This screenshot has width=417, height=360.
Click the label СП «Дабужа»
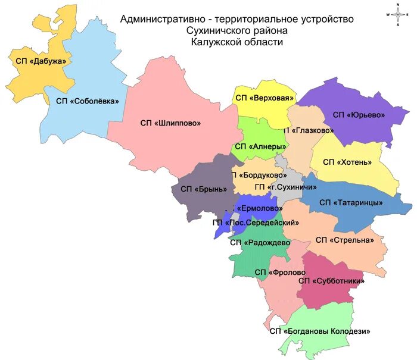click(x=38, y=61)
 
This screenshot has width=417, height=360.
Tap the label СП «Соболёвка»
click(x=88, y=101)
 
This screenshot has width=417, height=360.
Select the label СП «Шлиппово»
click(x=170, y=123)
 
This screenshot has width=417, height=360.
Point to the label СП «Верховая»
click(x=265, y=98)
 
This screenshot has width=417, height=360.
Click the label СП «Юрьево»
click(x=359, y=114)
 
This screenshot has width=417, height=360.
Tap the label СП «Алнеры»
click(x=261, y=146)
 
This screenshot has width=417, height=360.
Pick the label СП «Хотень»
click(x=347, y=162)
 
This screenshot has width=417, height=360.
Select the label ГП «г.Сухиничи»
click(x=285, y=187)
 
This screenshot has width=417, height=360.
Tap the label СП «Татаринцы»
click(x=350, y=203)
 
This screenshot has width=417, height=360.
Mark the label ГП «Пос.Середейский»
click(x=256, y=223)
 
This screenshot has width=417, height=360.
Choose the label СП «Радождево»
click(x=260, y=242)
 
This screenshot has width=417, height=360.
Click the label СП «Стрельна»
click(x=344, y=240)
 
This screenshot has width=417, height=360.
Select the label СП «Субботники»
click(x=331, y=280)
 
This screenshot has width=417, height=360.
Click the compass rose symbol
click(x=397, y=14)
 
